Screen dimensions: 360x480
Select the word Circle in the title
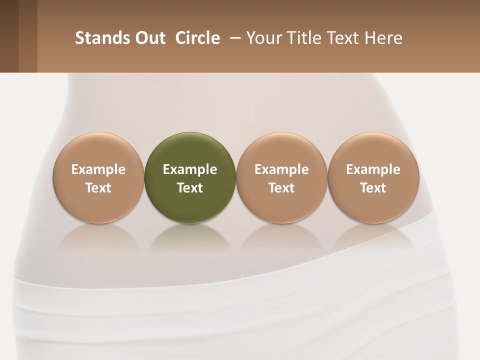[x=197, y=38]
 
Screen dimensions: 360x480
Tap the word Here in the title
[x=383, y=38]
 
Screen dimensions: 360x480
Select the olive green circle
[x=190, y=150]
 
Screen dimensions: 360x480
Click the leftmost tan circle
[x=98, y=150]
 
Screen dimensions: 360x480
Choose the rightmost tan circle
[x=373, y=150]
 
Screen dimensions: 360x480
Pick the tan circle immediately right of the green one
[x=281, y=150]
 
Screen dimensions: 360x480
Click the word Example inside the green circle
[x=190, y=169]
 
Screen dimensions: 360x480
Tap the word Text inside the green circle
[x=190, y=188]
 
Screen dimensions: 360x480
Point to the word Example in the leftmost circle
[x=98, y=169]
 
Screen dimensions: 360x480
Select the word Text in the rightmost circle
[x=373, y=188]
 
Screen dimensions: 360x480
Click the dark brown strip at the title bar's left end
[x=9, y=36]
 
